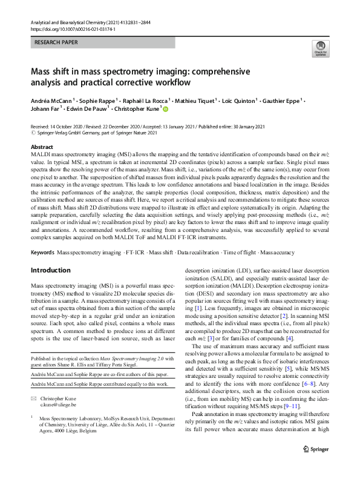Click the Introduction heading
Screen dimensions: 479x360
click(x=54, y=271)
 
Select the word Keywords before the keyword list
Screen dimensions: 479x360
click(x=42, y=252)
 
